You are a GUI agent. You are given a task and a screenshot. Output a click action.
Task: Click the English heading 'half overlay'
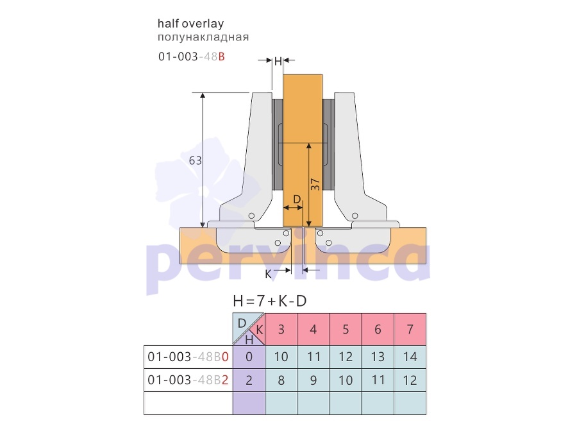coord(190,24)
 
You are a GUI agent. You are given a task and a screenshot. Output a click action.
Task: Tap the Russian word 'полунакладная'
coord(203,37)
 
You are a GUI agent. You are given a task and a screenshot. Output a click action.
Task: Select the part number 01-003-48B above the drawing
coord(191,56)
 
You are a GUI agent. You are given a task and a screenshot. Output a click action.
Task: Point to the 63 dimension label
coord(196,160)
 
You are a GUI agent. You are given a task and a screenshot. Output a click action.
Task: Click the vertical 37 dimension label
coord(315,184)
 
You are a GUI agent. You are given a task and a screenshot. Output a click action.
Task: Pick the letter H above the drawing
coord(278,61)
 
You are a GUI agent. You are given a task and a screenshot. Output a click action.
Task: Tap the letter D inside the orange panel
coord(297,200)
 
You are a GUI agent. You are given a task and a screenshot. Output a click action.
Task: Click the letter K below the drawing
coord(268,274)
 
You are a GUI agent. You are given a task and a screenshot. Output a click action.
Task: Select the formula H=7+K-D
coord(270,301)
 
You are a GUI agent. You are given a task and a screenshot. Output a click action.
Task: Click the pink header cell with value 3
coord(281,329)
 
